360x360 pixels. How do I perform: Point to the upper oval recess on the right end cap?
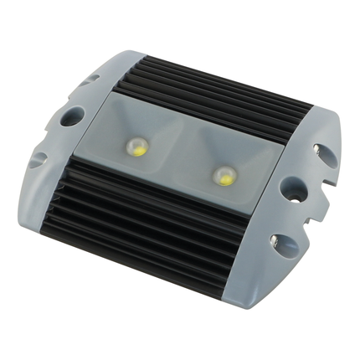point(323,151)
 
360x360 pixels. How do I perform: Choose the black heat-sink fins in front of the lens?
point(151,218)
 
